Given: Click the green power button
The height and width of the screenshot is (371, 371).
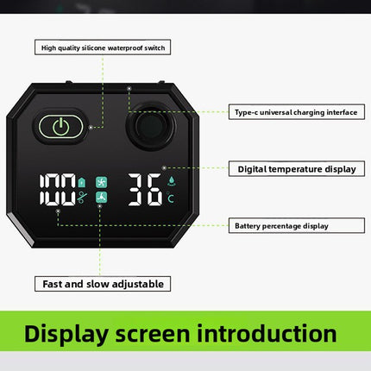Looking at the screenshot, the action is [61, 127].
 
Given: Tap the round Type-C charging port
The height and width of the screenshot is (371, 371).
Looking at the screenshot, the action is [151, 127].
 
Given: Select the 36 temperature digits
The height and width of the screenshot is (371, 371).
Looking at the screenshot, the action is [145, 190].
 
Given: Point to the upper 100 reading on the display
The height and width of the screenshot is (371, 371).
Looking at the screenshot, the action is [58, 180].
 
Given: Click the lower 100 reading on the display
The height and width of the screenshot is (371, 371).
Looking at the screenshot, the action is [58, 198].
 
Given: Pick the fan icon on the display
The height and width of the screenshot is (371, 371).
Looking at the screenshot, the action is [101, 182].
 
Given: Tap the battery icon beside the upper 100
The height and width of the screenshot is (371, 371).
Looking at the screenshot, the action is [82, 182].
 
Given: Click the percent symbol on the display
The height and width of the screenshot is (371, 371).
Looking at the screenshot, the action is [82, 198].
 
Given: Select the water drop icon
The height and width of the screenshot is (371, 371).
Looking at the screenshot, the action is [172, 181].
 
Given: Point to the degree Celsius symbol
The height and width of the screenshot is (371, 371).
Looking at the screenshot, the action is [170, 198].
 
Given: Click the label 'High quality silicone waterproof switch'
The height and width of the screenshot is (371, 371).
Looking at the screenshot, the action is [103, 47].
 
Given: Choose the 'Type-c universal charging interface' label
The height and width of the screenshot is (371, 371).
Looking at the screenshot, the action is [297, 112].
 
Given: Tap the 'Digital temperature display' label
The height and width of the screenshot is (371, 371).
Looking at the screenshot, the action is [297, 168].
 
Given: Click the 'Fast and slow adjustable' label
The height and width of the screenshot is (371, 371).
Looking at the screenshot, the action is [103, 284].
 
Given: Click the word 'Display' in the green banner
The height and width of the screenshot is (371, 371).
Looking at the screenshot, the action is [66, 334].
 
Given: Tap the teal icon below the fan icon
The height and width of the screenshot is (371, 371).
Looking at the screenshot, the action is [101, 198].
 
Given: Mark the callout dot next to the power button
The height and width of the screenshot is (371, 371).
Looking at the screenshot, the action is [91, 127].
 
